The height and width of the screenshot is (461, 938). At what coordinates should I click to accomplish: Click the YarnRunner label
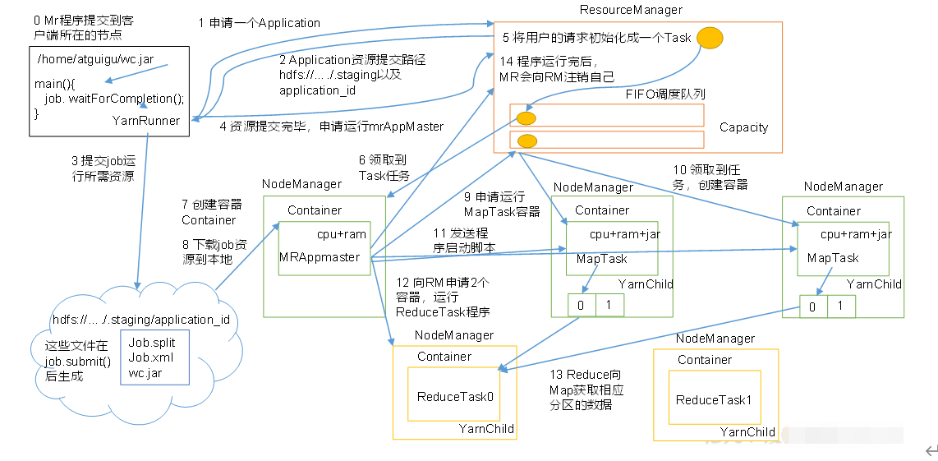click(145, 120)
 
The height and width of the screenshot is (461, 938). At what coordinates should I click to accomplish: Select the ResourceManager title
click(631, 10)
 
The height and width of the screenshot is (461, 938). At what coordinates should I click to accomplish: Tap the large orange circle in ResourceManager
click(710, 38)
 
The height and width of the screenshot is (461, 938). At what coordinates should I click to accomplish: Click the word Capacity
click(743, 127)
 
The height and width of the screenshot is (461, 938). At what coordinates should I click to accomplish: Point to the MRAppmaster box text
click(320, 257)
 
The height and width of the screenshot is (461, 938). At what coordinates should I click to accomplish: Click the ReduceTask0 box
click(455, 397)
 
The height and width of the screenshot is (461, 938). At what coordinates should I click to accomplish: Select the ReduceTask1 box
click(714, 400)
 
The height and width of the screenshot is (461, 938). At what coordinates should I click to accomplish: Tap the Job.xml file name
click(151, 357)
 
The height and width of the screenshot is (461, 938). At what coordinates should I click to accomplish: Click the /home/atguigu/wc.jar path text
click(95, 60)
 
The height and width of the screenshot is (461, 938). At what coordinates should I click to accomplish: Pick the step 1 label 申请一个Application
click(260, 23)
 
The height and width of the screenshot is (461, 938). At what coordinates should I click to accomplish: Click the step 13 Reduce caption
click(586, 390)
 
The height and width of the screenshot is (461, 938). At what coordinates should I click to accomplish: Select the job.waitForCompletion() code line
click(114, 99)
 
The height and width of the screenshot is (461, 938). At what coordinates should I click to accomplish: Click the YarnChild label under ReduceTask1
click(747, 431)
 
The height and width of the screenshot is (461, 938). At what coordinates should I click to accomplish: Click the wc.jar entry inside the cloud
click(145, 373)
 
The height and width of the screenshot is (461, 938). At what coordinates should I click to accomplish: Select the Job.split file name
click(153, 343)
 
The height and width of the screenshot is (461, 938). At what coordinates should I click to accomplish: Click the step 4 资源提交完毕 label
click(331, 127)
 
